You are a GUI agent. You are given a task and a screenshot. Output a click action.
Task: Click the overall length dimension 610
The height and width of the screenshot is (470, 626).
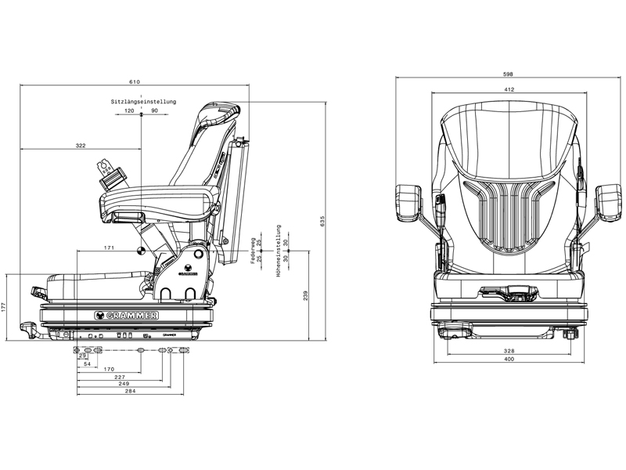[x=135, y=81]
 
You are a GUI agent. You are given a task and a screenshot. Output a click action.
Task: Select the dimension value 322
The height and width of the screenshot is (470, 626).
[x=81, y=146]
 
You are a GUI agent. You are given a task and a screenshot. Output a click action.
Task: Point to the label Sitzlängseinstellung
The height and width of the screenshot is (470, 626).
[x=143, y=102]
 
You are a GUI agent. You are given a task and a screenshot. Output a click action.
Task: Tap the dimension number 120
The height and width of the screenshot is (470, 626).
[x=130, y=111]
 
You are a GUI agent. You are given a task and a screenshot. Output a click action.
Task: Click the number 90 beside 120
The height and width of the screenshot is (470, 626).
[x=154, y=111]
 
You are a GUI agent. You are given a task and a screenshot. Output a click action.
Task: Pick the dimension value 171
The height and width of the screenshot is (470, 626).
[x=110, y=248]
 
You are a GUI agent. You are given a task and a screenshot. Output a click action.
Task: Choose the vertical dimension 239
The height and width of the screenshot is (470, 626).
[x=306, y=295]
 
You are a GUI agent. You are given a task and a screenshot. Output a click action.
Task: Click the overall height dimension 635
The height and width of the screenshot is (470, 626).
[x=322, y=221]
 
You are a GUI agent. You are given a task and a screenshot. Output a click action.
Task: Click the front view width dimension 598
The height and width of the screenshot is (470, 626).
[x=509, y=74]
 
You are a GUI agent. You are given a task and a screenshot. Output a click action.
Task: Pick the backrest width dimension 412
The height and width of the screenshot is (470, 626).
[x=509, y=90]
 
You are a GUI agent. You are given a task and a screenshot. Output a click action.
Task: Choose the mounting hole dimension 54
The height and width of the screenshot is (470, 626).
[x=87, y=364]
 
